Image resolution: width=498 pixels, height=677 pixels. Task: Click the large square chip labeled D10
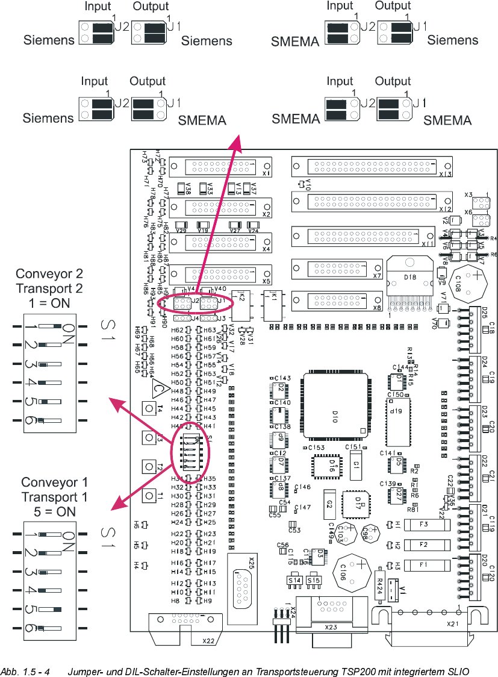pyautogui.click(x=335, y=406)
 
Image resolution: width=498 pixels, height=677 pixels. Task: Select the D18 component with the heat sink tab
pyautogui.click(x=409, y=278)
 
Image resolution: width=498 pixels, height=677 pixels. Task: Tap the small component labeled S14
pyautogui.click(x=294, y=580)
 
